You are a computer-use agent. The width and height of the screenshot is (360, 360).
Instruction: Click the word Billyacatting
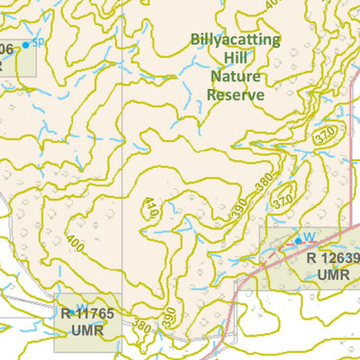[x=234, y=40]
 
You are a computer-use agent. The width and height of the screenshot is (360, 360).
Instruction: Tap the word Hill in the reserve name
[x=235, y=58]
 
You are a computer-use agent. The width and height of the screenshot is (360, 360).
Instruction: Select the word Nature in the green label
[x=235, y=76]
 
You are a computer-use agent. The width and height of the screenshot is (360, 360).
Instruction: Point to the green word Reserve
[x=235, y=94]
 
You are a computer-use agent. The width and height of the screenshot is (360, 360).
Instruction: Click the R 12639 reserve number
[x=332, y=259]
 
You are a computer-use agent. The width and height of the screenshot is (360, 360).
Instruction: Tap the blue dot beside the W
[x=298, y=241]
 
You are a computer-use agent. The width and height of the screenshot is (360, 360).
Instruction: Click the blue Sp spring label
[x=38, y=41]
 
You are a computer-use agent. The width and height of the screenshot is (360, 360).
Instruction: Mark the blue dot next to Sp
[x=27, y=43]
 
